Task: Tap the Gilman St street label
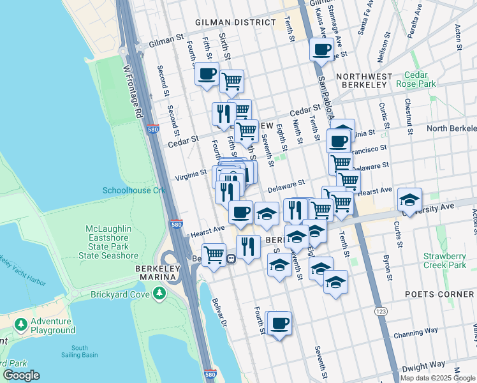166,43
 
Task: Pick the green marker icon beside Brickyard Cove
159,293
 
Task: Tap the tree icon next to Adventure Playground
21,325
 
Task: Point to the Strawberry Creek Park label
445,260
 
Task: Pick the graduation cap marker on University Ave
409,199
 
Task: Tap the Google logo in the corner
21,375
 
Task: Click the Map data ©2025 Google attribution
437,378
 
